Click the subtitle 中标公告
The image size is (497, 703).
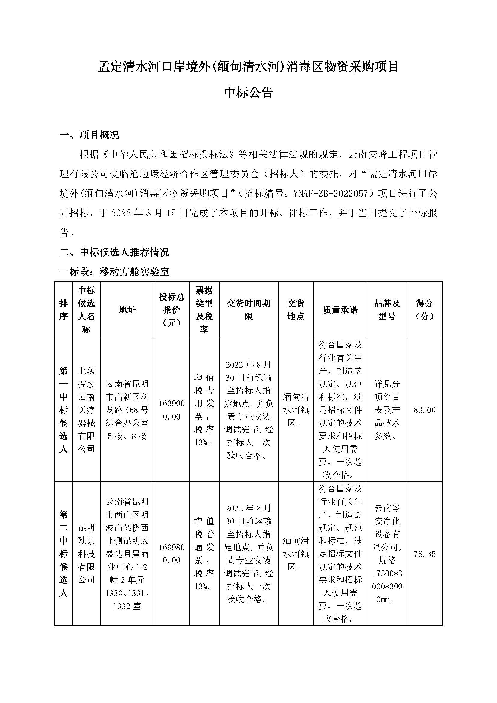(248, 93)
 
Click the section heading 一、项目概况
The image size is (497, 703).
(89, 135)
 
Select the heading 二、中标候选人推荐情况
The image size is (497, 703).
(114, 252)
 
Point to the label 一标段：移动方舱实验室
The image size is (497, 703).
(114, 272)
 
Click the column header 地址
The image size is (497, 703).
(127, 310)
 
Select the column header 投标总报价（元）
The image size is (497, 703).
(171, 310)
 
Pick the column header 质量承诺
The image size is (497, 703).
(340, 310)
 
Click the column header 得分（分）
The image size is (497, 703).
(424, 310)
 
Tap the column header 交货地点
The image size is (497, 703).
(296, 310)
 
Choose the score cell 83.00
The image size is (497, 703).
(424, 410)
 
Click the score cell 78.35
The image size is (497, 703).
(424, 554)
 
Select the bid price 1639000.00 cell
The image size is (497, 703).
(171, 410)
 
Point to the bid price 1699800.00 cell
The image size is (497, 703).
(171, 554)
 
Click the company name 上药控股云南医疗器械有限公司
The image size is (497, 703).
(86, 410)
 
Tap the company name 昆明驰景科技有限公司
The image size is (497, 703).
(86, 554)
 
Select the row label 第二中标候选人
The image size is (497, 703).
(63, 554)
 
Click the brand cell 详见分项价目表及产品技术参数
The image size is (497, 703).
(387, 410)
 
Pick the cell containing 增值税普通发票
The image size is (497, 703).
(204, 554)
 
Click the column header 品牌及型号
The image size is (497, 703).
(387, 310)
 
